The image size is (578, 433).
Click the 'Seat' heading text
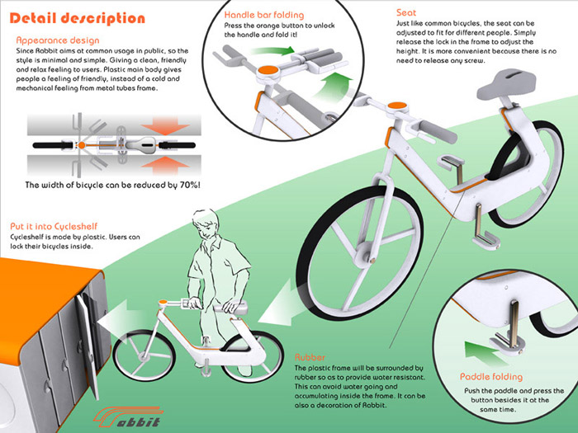pyautogui.click(x=409, y=13)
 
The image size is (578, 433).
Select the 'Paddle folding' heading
pyautogui.click(x=491, y=376)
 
